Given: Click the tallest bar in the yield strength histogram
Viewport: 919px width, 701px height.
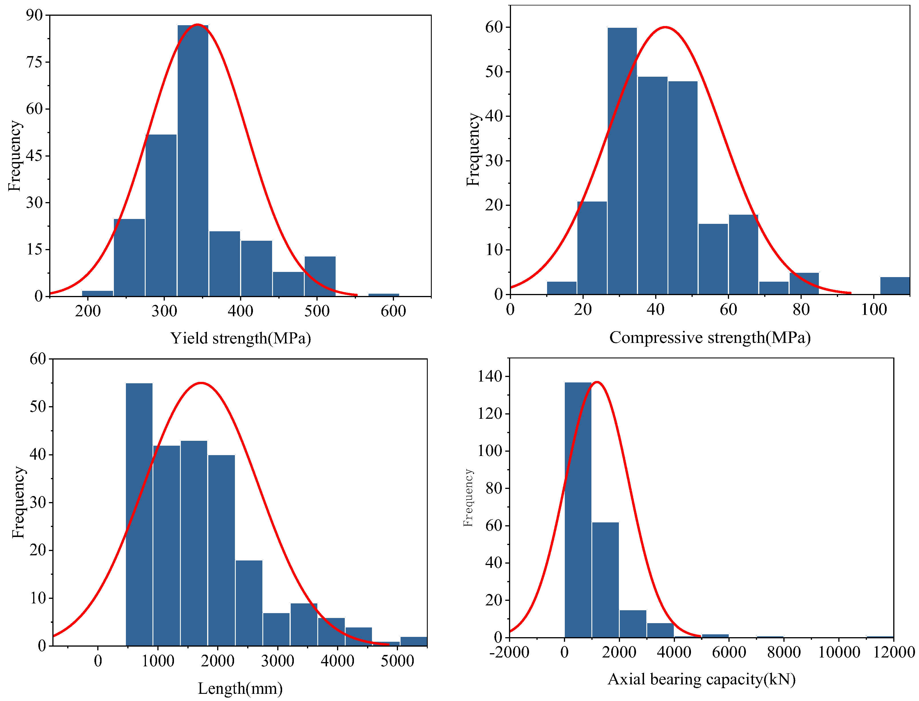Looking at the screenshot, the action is tap(193, 161).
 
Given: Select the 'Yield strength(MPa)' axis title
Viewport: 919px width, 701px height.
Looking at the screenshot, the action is tap(241, 338).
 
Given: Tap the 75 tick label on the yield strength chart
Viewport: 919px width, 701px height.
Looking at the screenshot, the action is tap(35, 62).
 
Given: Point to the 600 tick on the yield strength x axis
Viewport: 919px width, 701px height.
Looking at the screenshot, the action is tap(393, 311).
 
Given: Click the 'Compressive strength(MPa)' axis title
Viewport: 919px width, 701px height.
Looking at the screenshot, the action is tap(710, 337).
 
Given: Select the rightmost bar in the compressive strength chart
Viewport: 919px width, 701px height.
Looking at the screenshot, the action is tap(895, 286).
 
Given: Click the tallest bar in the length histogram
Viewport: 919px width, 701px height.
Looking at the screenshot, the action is tap(139, 514).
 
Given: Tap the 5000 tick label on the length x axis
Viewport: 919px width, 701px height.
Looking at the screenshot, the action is tap(397, 661).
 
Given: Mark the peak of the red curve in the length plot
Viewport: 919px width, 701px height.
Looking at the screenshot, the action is tap(201, 383).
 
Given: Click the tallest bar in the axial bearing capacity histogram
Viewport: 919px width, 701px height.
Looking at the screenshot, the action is tap(578, 510).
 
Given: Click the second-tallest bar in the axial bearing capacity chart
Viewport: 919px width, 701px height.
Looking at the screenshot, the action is tap(605, 580).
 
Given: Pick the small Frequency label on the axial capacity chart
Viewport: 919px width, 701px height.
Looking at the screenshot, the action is tap(468, 497).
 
